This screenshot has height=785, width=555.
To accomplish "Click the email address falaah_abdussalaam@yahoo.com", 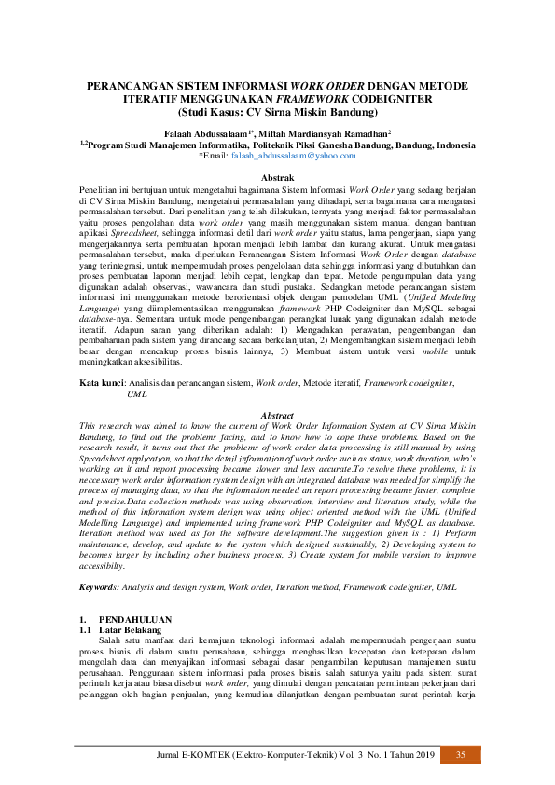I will coord(283,157).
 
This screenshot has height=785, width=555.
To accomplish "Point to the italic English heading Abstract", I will coord(277,415).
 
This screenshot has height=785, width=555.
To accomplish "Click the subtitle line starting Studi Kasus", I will coord(277,111).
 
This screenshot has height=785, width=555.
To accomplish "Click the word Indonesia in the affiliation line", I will coord(446,145).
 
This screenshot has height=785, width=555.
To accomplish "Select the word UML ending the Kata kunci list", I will coord(137,394).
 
